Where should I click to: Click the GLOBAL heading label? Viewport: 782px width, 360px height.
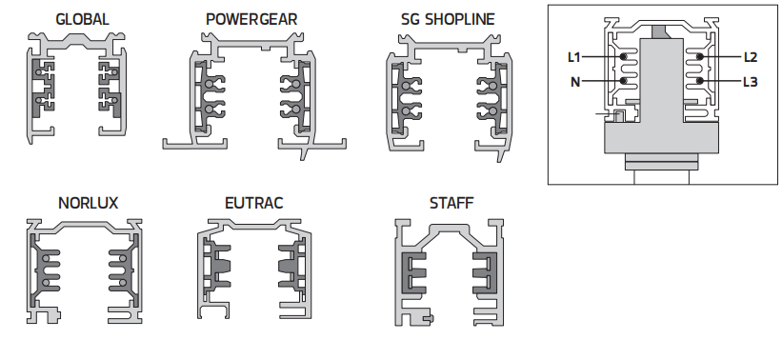82,19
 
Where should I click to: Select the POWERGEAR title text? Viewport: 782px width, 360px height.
251,19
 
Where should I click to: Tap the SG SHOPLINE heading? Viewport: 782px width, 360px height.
448,19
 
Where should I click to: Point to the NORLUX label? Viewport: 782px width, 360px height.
89,204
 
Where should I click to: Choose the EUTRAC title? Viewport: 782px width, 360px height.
254,204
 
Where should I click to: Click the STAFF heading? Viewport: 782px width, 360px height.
451,204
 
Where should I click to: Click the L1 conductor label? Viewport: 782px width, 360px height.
574,57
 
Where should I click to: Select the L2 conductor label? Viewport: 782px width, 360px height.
751,57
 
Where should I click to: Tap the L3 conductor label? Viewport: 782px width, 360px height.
751,82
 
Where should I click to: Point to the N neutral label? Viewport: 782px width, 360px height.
575,82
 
